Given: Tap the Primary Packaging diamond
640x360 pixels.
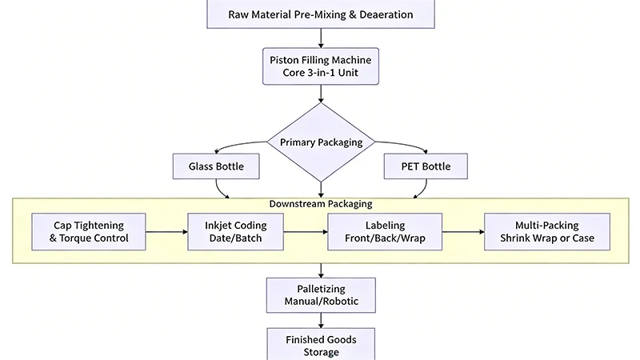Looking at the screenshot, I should click(x=320, y=142).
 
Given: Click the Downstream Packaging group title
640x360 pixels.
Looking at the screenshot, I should click(x=320, y=204).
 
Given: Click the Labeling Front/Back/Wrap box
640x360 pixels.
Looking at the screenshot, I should click(x=385, y=231).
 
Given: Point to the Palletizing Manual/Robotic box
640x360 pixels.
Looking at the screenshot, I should click(x=320, y=295).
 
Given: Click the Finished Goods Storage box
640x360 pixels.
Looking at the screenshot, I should click(x=320, y=346).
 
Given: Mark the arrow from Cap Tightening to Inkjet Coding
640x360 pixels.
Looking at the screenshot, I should click(x=168, y=231).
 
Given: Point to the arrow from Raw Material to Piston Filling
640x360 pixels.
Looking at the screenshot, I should click(x=320, y=37).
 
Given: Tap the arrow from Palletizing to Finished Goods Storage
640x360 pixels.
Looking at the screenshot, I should click(x=320, y=319).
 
